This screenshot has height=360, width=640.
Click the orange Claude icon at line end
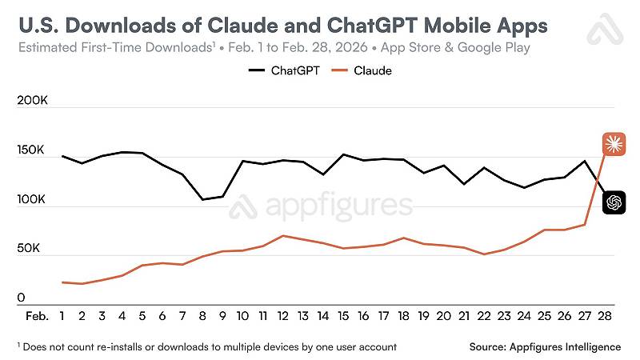[x=614, y=143]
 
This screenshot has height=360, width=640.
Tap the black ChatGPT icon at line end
[x=614, y=202]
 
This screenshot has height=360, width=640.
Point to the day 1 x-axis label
[x=62, y=316]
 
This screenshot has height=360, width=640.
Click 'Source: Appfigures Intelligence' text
[x=546, y=346]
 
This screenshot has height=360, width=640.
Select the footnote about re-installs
[x=206, y=346]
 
